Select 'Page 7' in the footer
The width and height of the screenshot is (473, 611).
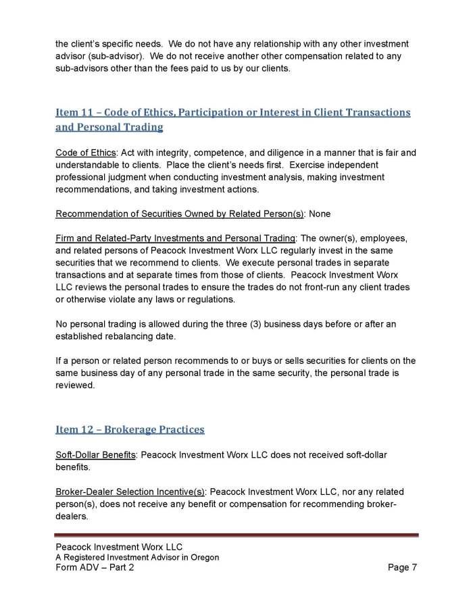[402, 567]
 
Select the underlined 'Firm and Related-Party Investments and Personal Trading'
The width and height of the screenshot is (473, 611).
[175, 240]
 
